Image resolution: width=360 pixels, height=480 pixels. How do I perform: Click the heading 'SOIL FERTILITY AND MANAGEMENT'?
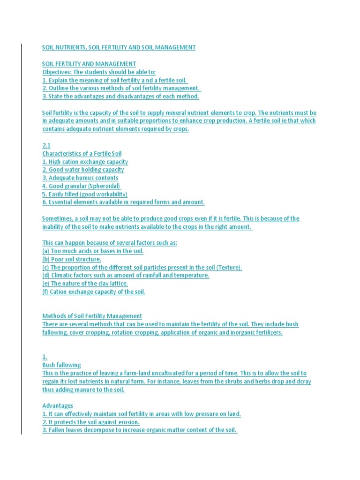(x=89, y=64)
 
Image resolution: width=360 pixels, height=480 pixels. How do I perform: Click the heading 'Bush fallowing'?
(x=61, y=365)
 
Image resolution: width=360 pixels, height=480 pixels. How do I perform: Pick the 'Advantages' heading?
(x=58, y=405)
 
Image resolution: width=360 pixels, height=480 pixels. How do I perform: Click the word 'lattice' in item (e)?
(x=117, y=283)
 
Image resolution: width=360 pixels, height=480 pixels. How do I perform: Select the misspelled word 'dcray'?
(x=302, y=382)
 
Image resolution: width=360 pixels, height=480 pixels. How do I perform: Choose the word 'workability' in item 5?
(x=111, y=194)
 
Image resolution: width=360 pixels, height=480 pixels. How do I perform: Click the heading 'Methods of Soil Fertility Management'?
(x=92, y=316)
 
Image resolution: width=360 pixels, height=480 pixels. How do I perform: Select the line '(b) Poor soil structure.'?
(x=72, y=259)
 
